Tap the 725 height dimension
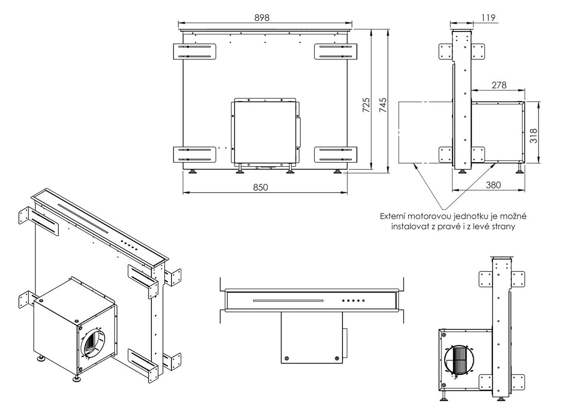click(x=366, y=106)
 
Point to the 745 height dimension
click(x=382, y=106)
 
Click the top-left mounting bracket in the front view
click(x=194, y=51)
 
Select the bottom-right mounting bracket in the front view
click(x=336, y=155)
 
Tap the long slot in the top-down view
click(x=288, y=301)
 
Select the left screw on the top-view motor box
click(x=286, y=358)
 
